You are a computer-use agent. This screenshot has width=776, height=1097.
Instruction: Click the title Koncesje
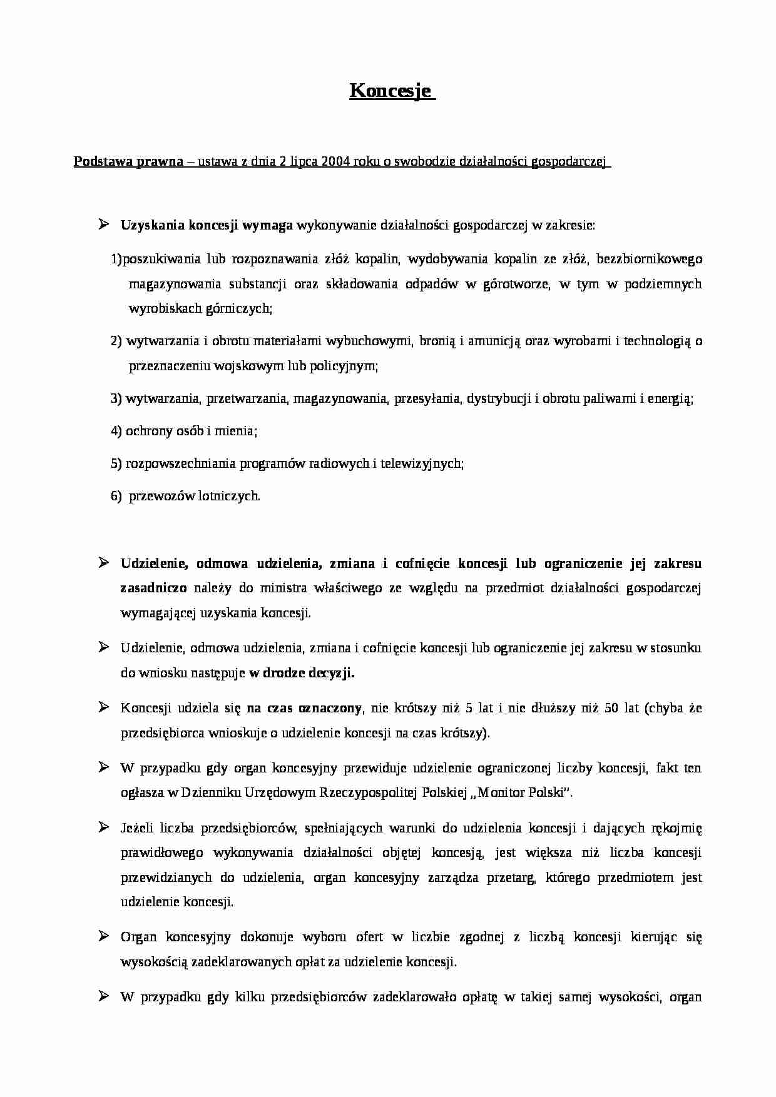(391, 91)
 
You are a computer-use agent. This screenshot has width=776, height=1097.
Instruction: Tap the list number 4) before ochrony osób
(116, 431)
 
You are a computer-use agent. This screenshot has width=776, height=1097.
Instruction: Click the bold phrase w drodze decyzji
(302, 674)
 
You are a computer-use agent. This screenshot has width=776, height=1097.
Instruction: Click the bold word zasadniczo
(153, 588)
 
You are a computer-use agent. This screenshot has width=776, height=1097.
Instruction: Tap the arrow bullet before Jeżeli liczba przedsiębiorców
(104, 827)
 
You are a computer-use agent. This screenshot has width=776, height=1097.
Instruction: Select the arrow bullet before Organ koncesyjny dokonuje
(104, 936)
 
